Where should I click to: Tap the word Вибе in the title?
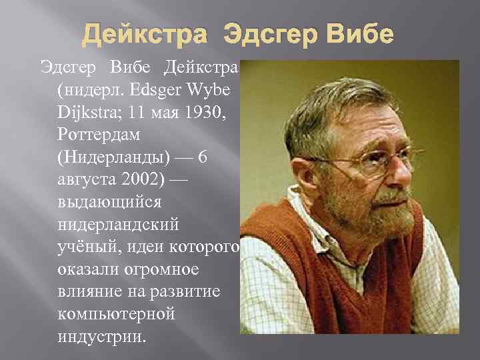[358, 34]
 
